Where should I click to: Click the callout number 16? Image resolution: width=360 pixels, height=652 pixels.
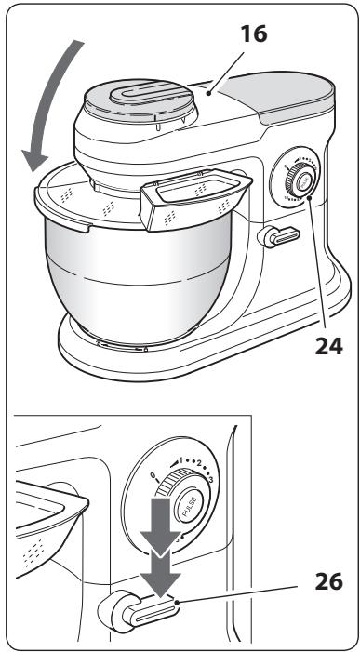coord(254,33)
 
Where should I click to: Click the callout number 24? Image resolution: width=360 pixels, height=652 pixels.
coord(329,345)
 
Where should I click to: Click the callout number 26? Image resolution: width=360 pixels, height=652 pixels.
coord(329,581)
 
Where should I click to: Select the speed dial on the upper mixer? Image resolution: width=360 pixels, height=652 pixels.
coord(297,180)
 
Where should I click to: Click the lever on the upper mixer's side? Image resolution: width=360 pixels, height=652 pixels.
coord(279,236)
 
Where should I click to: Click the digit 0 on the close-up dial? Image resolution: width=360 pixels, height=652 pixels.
coord(153,475)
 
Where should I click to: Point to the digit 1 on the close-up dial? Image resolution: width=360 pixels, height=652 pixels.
coord(180,459)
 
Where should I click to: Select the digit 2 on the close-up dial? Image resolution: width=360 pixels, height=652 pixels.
coord(199,464)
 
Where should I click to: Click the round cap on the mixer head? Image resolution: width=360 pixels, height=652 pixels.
coord(140,102)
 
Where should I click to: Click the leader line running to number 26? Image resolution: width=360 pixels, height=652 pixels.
coord(238,593)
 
